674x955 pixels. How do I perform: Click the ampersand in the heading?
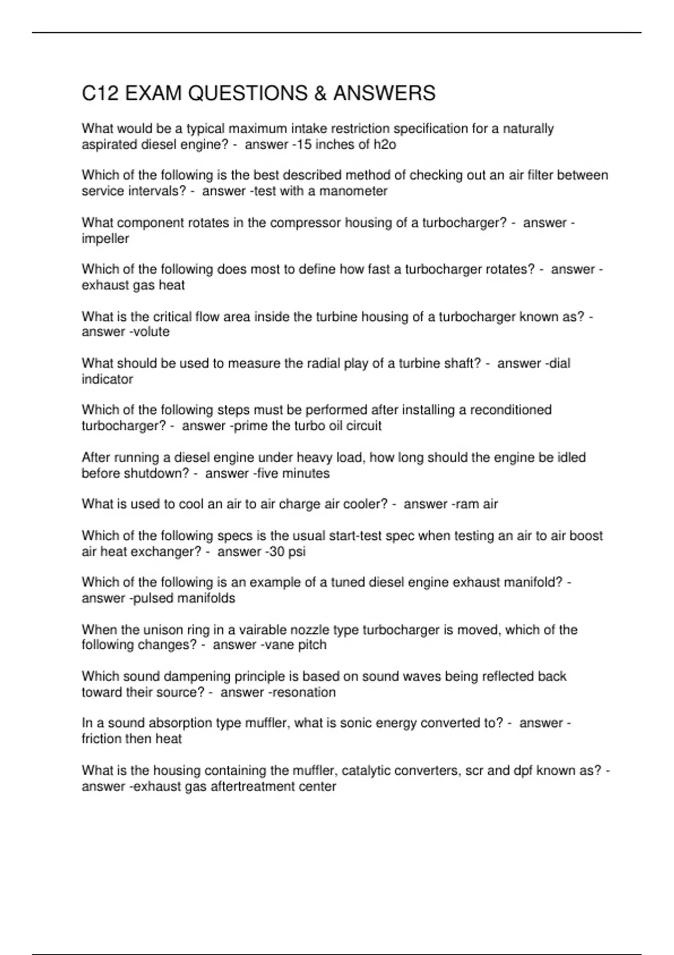click(x=320, y=93)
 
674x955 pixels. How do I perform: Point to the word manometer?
click(x=353, y=192)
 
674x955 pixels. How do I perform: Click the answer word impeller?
click(x=106, y=239)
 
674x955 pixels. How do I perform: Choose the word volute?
click(x=151, y=332)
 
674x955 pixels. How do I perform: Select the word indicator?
click(x=107, y=379)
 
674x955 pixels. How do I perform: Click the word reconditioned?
click(x=511, y=410)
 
